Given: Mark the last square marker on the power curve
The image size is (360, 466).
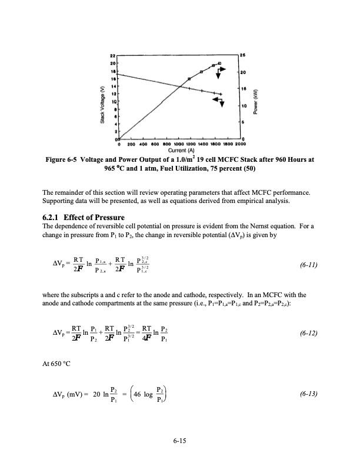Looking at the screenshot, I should (219, 63).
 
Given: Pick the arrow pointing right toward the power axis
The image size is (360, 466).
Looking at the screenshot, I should (220, 73).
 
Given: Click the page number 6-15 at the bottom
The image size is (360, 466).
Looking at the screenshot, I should (180, 442).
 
